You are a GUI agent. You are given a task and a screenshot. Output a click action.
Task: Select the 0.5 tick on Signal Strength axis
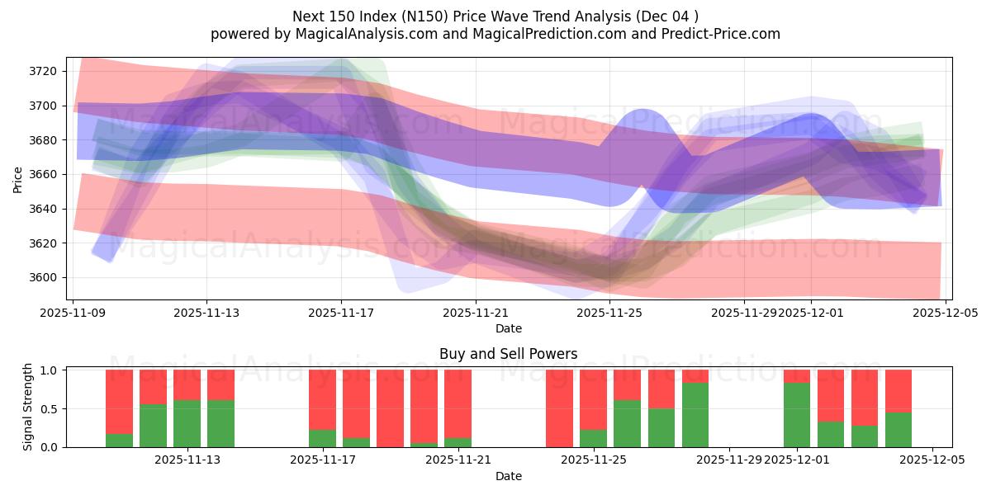tap(48, 408)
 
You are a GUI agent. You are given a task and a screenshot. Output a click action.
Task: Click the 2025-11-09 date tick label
tap(73, 313)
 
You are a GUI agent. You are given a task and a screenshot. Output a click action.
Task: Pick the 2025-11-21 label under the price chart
tap(477, 313)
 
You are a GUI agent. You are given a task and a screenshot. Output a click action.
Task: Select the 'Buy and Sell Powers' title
tap(508, 354)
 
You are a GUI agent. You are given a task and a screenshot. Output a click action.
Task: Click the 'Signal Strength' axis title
tap(28, 408)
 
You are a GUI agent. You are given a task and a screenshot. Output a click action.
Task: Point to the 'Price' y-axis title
tap(18, 179)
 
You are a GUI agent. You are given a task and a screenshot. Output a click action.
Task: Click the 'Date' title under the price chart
tap(508, 328)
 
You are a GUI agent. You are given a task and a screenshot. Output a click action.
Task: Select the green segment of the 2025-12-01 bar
tap(797, 415)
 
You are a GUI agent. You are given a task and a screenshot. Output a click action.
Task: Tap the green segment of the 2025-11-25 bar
tap(593, 438)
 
